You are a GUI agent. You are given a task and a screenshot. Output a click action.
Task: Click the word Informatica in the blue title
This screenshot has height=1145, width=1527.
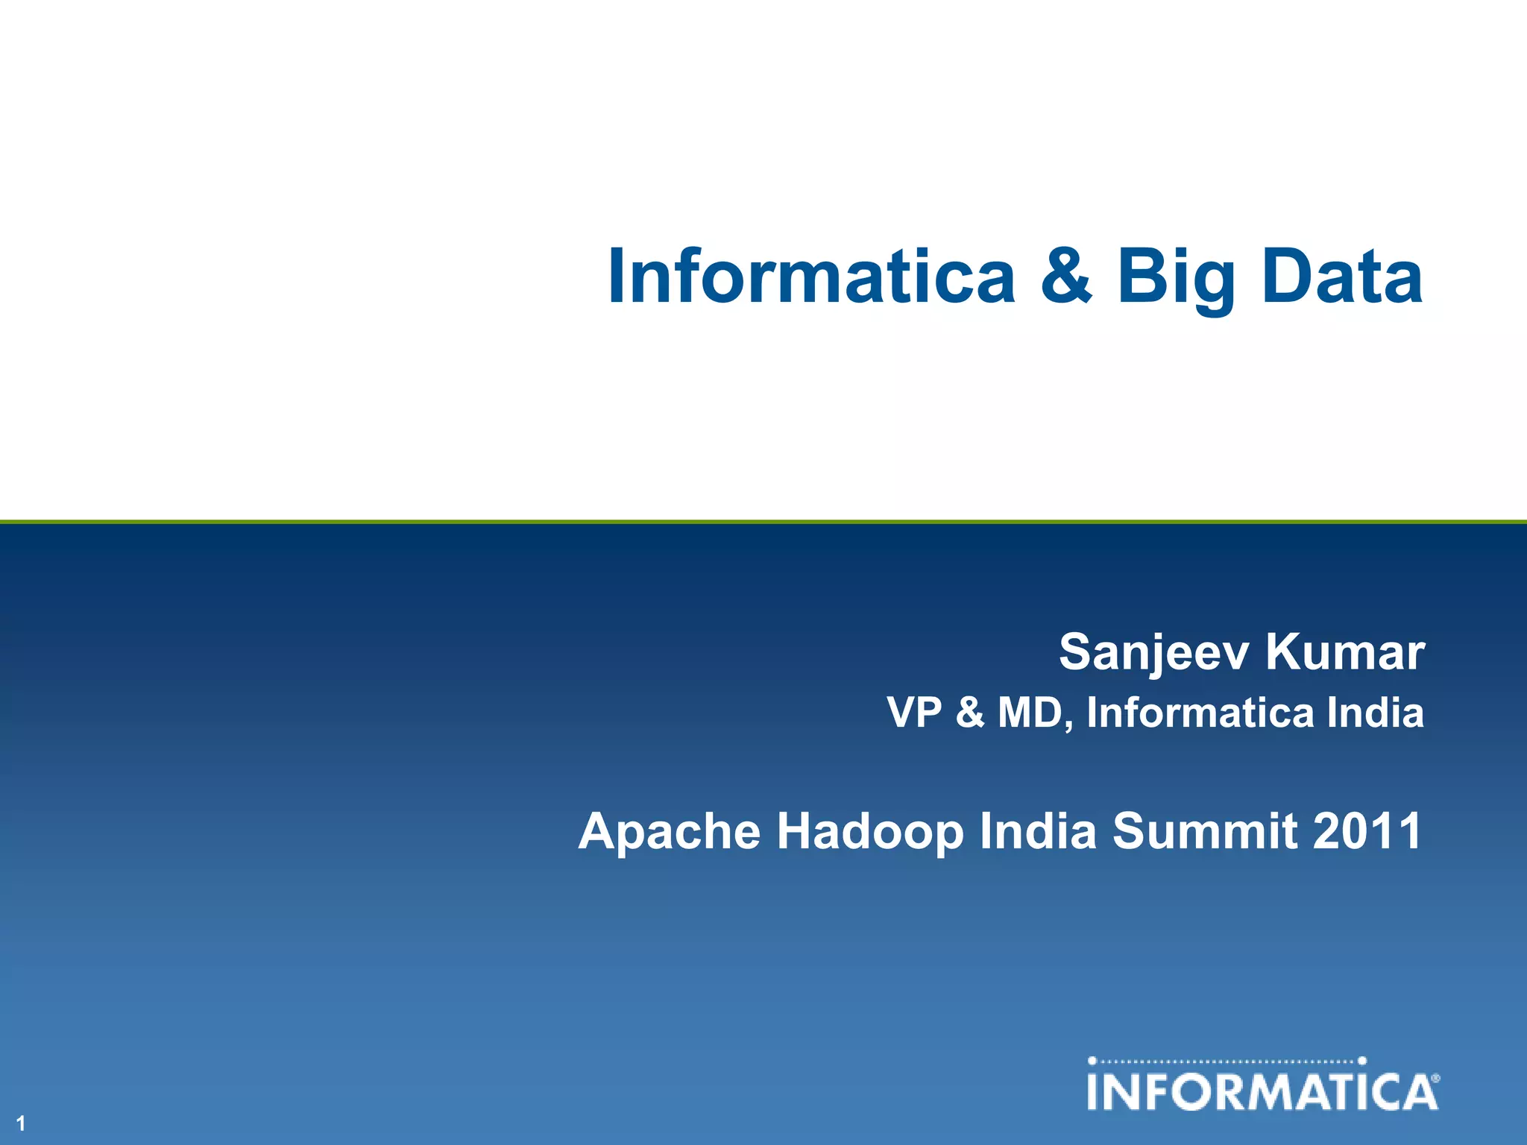(x=811, y=277)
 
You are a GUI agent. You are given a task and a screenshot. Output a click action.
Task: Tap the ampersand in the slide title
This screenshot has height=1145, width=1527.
(x=1066, y=277)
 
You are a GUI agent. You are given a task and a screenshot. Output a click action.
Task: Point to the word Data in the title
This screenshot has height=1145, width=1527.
(x=1342, y=277)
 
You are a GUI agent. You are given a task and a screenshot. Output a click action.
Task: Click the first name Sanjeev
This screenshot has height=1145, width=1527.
(x=1153, y=653)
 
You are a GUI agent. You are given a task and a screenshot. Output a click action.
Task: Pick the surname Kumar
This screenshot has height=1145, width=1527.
(x=1345, y=652)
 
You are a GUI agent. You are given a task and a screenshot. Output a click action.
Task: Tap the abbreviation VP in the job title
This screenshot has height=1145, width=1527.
(x=915, y=712)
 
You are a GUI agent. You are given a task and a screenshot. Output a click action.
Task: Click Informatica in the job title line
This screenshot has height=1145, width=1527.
(x=1200, y=712)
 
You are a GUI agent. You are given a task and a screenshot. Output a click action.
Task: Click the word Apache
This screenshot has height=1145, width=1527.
(x=669, y=833)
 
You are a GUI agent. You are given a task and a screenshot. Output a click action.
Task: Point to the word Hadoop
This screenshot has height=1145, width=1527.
(x=870, y=833)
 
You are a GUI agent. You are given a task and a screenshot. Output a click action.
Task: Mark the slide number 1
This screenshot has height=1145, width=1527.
(x=21, y=1123)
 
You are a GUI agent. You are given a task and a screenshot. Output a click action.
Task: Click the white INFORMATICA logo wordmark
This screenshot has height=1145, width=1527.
(x=1260, y=1092)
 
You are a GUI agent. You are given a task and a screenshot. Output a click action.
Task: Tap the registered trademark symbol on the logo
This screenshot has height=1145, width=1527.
(x=1436, y=1078)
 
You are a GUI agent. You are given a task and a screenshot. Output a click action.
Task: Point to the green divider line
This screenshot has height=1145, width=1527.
(x=763, y=521)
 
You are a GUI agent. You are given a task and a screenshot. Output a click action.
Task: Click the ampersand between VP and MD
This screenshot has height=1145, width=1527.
(x=969, y=713)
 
